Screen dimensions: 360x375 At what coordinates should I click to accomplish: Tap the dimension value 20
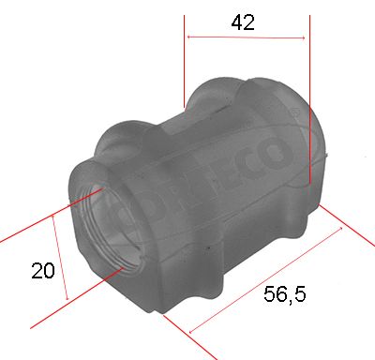[42, 271]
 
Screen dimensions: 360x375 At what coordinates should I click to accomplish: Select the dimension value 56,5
[284, 294]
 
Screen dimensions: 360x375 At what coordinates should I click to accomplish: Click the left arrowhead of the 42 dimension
[191, 37]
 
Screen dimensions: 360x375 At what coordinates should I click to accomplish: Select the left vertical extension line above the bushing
[184, 56]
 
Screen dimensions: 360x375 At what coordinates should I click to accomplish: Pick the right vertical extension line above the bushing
[309, 94]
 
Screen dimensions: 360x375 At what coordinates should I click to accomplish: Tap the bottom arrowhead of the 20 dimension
[68, 298]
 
